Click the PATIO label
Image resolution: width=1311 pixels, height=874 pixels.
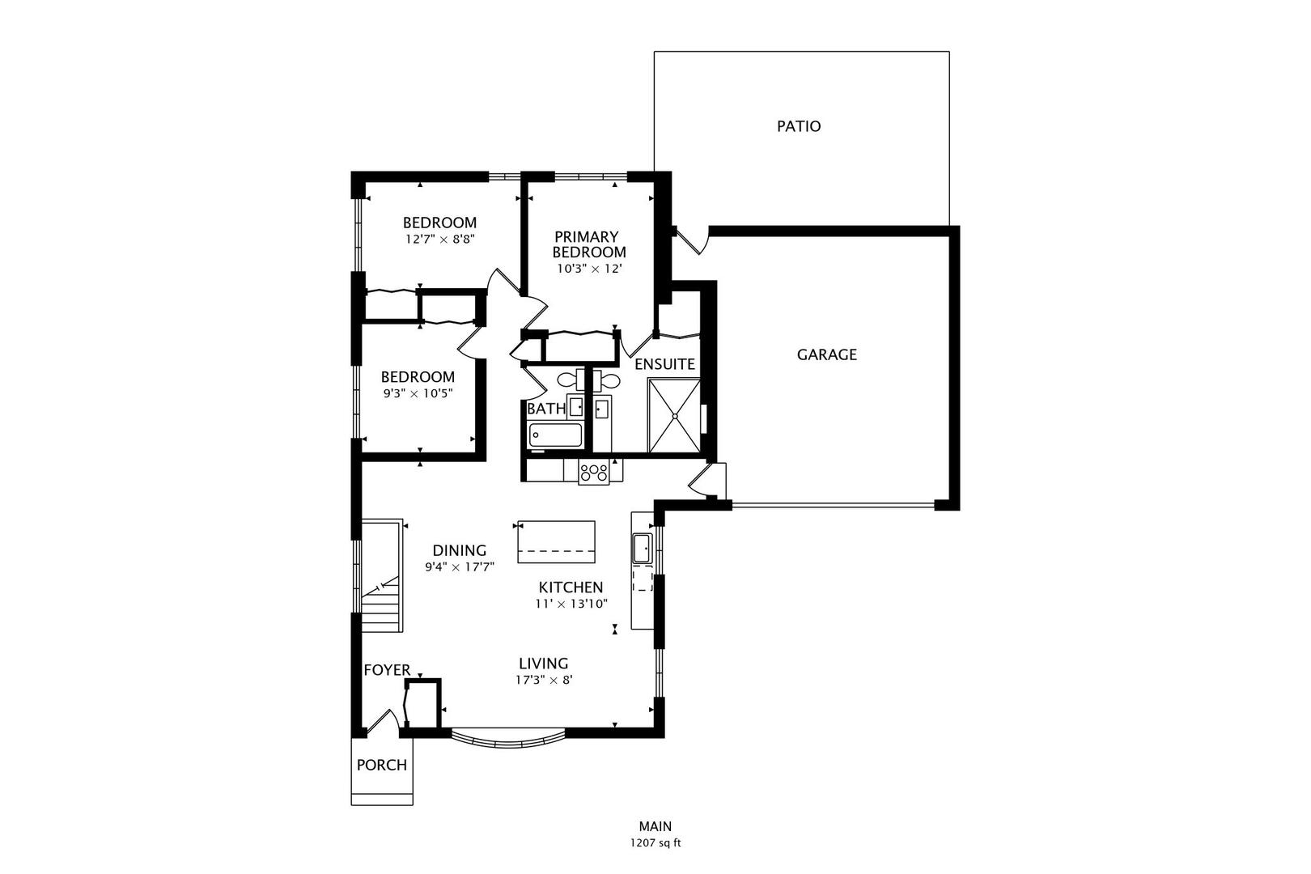pos(798,126)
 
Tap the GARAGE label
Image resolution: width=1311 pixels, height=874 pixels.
pos(826,354)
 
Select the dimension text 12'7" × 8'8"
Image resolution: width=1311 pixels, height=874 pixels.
pos(439,240)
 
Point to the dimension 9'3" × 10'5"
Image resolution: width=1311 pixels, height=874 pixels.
pos(418,393)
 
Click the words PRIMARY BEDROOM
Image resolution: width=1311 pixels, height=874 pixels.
pos(590,244)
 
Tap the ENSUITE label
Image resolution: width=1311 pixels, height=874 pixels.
pos(664,364)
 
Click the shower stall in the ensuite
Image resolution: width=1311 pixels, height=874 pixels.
pos(673,415)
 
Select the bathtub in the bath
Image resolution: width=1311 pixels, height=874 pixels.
pos(555,435)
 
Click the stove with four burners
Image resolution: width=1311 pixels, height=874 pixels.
pos(593,472)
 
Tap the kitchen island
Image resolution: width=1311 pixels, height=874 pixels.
pos(555,541)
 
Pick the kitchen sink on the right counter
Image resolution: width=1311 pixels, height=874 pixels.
pos(642,548)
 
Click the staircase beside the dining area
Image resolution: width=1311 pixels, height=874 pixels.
pos(381,576)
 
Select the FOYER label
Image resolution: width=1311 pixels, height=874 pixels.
pos(386,670)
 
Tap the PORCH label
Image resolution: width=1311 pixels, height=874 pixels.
pos(381,765)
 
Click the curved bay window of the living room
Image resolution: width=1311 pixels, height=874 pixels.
pos(507,740)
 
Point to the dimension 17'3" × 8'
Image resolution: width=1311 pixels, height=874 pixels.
pos(544,681)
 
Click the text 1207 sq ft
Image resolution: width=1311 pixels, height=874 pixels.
pos(655,843)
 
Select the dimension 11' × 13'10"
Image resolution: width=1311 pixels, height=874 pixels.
pos(571,604)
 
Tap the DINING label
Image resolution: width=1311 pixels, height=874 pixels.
pos(459,550)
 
